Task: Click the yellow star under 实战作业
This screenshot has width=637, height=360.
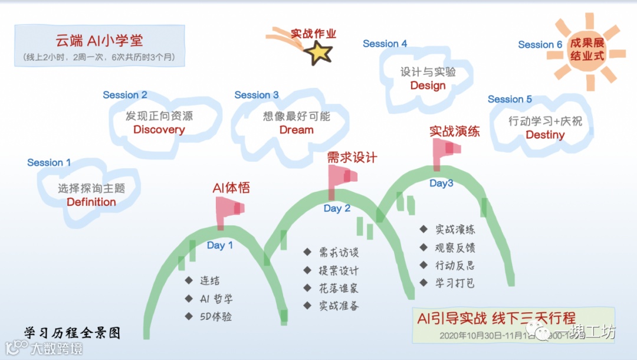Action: click(x=318, y=54)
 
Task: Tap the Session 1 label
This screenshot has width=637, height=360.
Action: click(x=49, y=163)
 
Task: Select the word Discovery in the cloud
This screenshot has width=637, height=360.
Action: click(x=159, y=130)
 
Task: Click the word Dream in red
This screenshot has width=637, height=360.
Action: click(x=296, y=130)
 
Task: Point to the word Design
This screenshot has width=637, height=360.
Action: click(x=428, y=86)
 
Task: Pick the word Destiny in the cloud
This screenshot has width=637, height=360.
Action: click(x=545, y=135)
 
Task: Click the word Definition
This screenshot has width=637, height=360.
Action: click(x=91, y=202)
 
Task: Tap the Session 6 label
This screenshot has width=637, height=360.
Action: click(x=540, y=45)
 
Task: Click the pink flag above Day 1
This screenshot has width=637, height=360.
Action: click(x=228, y=210)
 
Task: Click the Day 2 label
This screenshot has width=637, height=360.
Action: click(x=337, y=208)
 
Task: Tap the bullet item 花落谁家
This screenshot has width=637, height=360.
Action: click(x=338, y=289)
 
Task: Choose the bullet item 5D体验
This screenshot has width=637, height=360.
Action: click(x=215, y=317)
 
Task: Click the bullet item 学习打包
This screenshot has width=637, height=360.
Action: click(x=455, y=283)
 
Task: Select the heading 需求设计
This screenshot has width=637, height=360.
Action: click(x=352, y=158)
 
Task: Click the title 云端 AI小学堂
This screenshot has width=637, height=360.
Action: click(x=100, y=41)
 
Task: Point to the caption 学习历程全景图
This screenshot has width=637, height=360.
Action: click(x=72, y=333)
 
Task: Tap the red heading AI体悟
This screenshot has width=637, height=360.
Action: click(x=231, y=188)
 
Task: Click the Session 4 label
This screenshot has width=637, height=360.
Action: click(x=385, y=44)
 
